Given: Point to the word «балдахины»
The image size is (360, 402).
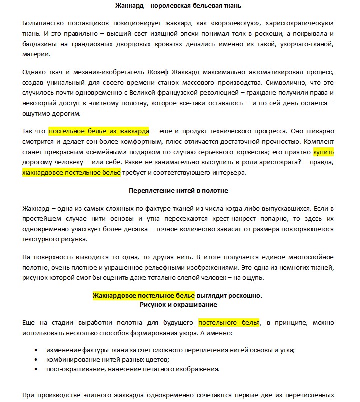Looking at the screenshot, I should (x=40, y=45).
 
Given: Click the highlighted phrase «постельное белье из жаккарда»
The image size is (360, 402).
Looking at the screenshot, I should (x=99, y=131).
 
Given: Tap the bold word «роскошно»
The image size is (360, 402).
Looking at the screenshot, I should (x=245, y=295).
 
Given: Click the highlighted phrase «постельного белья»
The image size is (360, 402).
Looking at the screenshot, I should (x=229, y=322).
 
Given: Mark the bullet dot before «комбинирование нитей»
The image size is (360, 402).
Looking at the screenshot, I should (x=36, y=359).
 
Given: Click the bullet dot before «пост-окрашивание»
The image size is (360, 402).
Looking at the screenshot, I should (x=36, y=369).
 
